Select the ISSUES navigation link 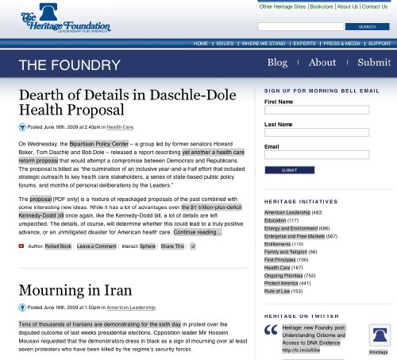(x=225, y=43)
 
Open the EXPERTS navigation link (x=304, y=43)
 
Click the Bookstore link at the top (x=322, y=6)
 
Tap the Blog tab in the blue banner (x=277, y=62)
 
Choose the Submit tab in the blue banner (x=373, y=62)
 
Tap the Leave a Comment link (x=97, y=246)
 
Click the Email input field (x=317, y=156)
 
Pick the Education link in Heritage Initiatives (x=276, y=220)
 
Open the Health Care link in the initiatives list (x=277, y=268)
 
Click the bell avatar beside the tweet (x=378, y=337)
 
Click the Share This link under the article (x=172, y=246)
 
